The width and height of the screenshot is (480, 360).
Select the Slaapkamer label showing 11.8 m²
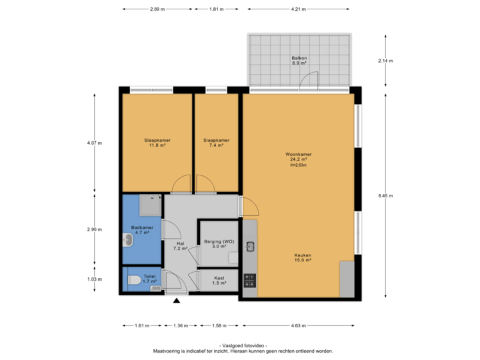[x=157, y=143]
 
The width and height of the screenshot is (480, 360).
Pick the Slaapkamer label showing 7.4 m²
[x=216, y=143]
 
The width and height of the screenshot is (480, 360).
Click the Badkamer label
[x=142, y=230]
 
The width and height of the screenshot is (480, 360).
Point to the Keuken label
[x=303, y=257]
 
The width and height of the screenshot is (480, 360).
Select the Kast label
[x=219, y=280]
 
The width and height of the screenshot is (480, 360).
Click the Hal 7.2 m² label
[x=179, y=246]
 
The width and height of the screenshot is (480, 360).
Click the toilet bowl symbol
[x=133, y=280]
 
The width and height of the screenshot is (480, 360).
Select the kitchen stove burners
[x=249, y=280]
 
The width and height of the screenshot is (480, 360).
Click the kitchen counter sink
[x=250, y=247]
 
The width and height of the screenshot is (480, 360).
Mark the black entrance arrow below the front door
[x=177, y=301]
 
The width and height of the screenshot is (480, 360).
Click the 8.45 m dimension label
[x=385, y=195]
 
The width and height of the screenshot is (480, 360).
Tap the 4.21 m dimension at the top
[x=298, y=9]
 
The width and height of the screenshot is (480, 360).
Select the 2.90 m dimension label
[x=94, y=229]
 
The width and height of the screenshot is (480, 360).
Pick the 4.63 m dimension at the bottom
[x=298, y=325]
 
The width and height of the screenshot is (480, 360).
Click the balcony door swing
[x=308, y=81]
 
